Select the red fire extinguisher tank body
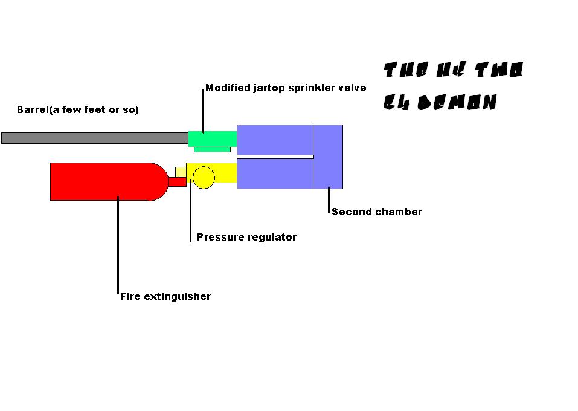pyautogui.click(x=97, y=181)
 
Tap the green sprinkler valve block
pyautogui.click(x=211, y=139)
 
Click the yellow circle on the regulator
pyautogui.click(x=204, y=177)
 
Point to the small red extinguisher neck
pyautogui.click(x=176, y=181)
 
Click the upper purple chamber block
pyautogui.click(x=275, y=140)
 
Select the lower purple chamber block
pyautogui.click(x=275, y=174)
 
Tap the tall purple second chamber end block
pyautogui.click(x=328, y=157)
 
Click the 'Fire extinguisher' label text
pyautogui.click(x=165, y=297)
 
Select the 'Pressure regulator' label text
pyautogui.click(x=246, y=238)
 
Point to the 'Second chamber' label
pyautogui.click(x=377, y=212)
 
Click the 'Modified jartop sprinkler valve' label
pyautogui.click(x=286, y=88)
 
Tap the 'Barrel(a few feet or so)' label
pyautogui.click(x=78, y=110)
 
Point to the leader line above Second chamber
pyautogui.click(x=329, y=199)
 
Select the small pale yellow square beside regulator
pyautogui.click(x=181, y=172)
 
